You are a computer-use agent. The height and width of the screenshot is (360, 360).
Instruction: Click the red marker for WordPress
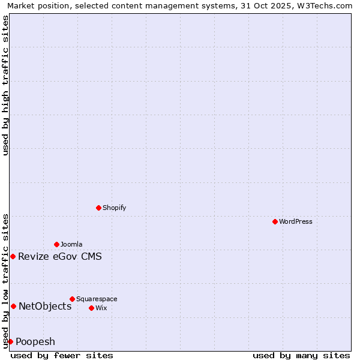coord(275,221)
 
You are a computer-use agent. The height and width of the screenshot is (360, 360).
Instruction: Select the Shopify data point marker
coord(98,208)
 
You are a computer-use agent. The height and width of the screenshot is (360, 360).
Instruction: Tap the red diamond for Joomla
coord(56,244)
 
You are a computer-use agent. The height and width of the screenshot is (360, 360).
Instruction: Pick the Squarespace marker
coord(72,299)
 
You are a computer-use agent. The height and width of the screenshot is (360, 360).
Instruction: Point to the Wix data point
coord(91,308)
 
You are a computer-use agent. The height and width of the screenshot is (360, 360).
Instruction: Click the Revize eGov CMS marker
coord(13,257)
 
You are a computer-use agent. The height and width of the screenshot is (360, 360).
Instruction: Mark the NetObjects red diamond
coord(13,307)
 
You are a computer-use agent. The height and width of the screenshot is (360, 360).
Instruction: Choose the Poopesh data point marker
coord(10,341)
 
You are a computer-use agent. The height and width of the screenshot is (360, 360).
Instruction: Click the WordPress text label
coord(296,221)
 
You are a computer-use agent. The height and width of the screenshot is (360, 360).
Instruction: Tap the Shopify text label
coord(114,208)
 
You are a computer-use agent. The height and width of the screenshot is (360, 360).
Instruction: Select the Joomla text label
coord(71,244)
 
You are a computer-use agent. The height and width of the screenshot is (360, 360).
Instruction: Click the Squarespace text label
coord(97,299)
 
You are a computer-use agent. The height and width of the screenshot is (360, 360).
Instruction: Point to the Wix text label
coord(101,308)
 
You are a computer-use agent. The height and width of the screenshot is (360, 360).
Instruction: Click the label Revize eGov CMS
coord(60,257)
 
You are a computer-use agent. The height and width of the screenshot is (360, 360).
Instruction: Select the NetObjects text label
coord(45,307)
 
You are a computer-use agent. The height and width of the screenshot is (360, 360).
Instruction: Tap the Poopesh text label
coord(35,342)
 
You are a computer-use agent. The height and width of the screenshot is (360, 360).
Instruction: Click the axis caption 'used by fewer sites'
coord(62,356)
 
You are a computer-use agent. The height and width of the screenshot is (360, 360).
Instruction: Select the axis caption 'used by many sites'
coord(301,356)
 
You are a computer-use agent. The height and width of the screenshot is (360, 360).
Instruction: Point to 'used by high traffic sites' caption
coord(5,85)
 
